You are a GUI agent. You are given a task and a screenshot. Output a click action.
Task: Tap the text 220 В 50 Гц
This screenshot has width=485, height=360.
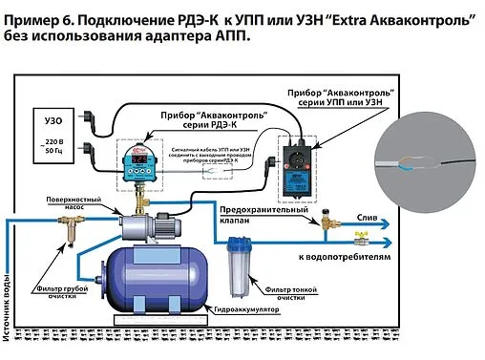pos(55,148)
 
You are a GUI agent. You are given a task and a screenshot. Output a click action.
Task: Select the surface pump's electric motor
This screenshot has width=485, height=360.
pos(168,224)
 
